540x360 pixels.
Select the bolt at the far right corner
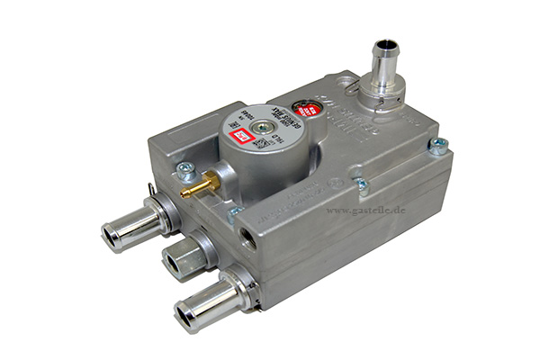point(438,146)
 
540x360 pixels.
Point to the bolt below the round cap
point(236,214)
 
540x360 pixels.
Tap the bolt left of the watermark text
point(360,184)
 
